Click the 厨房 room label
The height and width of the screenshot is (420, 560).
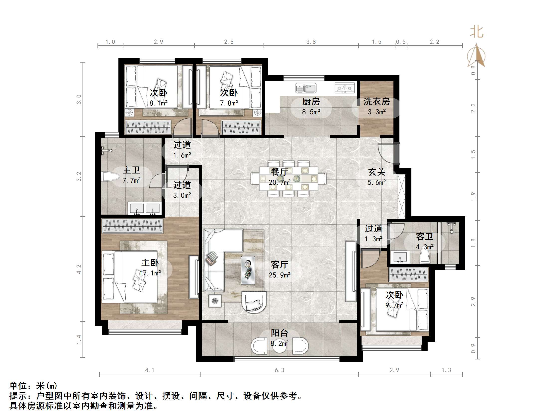(x=311, y=102)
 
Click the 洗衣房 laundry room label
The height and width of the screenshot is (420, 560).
(x=376, y=102)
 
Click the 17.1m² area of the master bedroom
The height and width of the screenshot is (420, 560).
(x=150, y=273)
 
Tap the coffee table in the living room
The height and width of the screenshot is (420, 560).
(x=248, y=270)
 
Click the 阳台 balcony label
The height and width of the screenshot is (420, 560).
(x=279, y=333)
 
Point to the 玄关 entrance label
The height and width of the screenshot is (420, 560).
(x=376, y=172)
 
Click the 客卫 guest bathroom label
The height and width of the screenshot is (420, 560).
(x=424, y=237)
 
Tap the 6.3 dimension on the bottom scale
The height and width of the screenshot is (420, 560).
(x=280, y=370)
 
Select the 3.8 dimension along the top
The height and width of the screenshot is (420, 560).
(x=311, y=42)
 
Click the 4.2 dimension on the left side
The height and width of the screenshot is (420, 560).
(x=79, y=269)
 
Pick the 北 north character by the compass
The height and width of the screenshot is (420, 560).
(x=476, y=32)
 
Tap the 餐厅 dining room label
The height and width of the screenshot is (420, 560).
(x=279, y=172)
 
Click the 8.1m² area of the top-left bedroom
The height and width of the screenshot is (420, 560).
(x=159, y=103)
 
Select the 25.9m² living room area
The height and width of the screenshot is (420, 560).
(x=280, y=275)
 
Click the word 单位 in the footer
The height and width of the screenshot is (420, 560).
(x=18, y=386)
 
